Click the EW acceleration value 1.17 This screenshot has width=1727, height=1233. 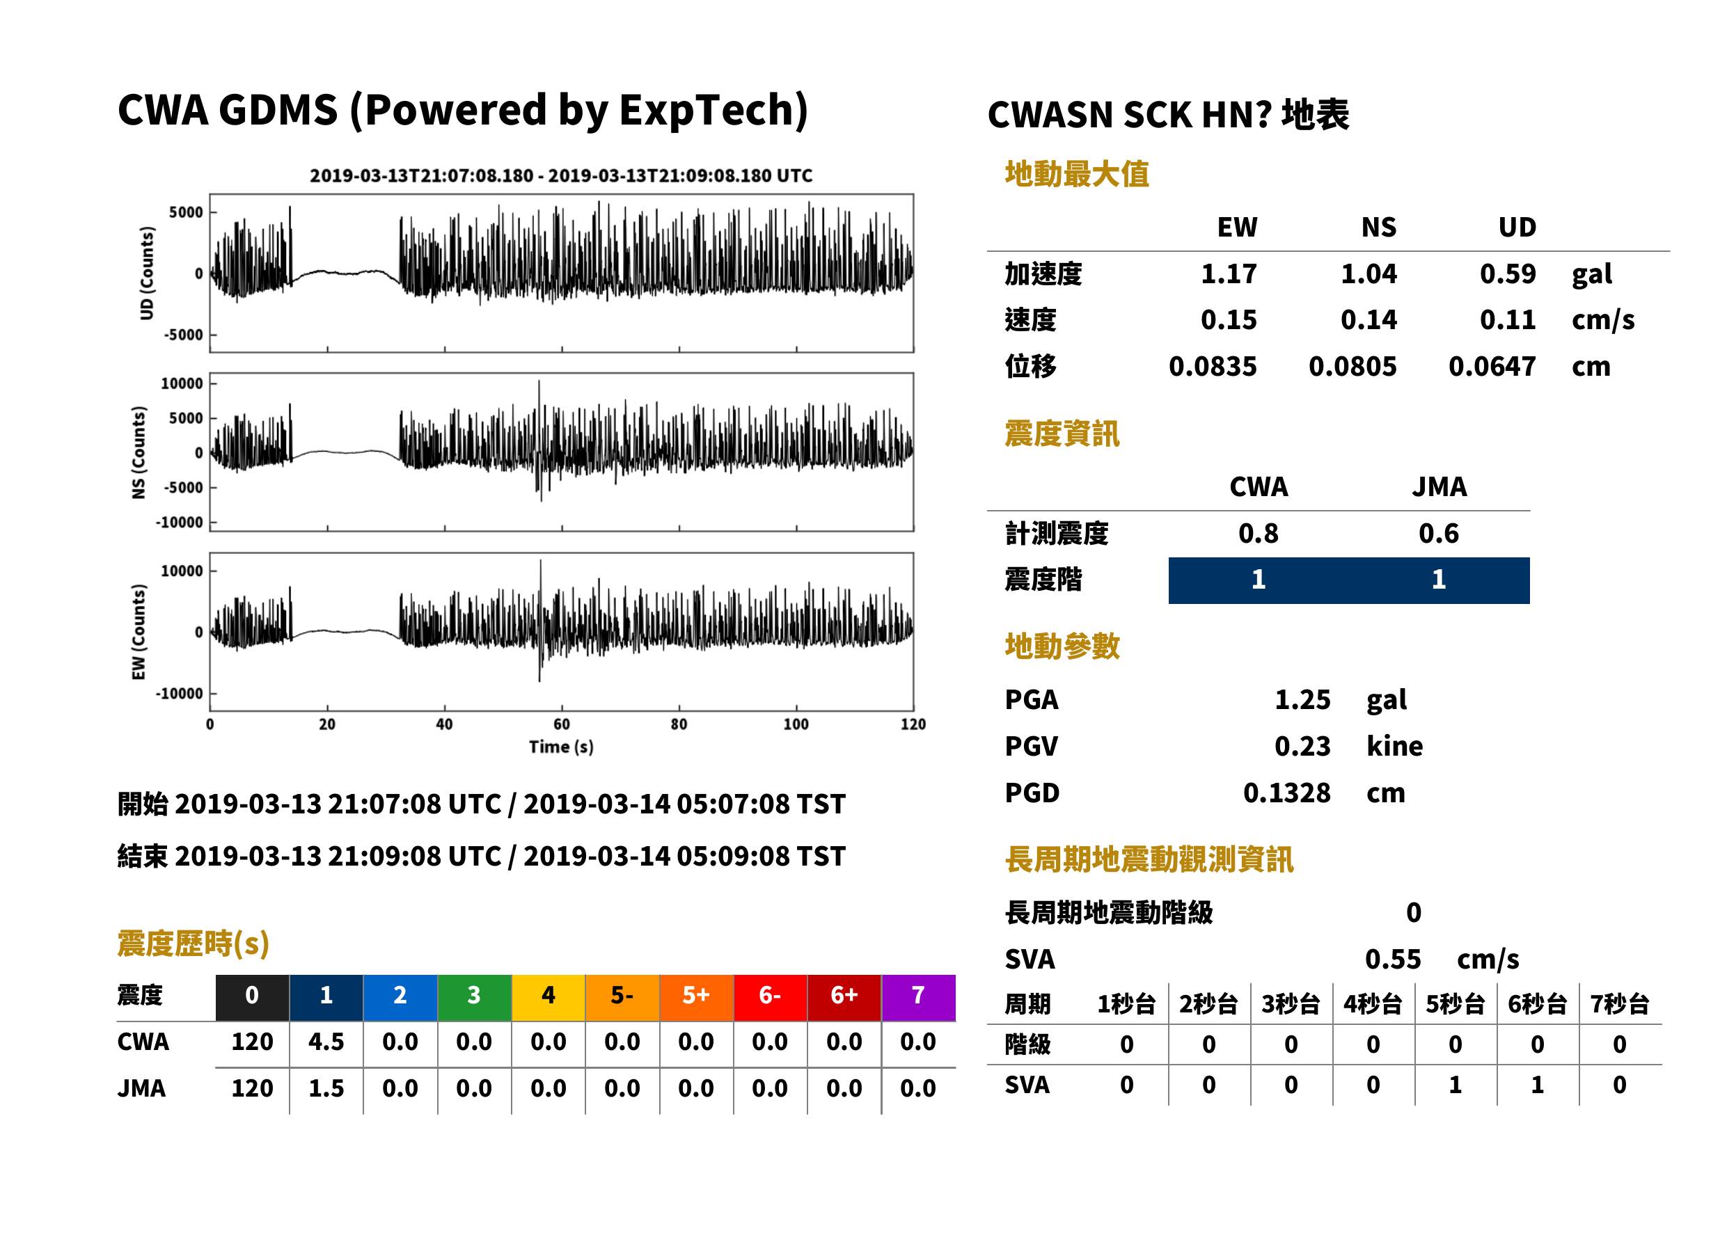point(1228,273)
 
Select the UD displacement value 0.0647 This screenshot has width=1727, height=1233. point(1492,366)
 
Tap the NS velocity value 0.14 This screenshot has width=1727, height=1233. point(1368,319)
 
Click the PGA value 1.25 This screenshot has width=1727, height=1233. point(1302,699)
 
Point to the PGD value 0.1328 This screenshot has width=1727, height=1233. point(1286,793)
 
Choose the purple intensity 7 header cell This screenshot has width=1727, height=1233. point(918,997)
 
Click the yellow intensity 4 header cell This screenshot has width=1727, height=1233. point(549,997)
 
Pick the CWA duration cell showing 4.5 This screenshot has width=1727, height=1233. point(326,1042)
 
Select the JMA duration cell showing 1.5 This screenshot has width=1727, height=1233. point(326,1088)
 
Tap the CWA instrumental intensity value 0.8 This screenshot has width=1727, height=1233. point(1258,533)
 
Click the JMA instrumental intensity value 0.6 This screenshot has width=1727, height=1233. point(1438,533)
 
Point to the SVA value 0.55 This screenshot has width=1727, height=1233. point(1392,959)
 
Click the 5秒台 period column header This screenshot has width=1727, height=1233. point(1455,1003)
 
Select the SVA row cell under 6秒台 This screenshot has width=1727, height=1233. point(1537,1085)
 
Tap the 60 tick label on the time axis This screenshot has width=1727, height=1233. point(561,724)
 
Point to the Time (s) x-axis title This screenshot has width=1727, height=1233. point(561,747)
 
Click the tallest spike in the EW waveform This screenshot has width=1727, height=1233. point(541,561)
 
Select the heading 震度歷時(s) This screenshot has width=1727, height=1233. point(193,944)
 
